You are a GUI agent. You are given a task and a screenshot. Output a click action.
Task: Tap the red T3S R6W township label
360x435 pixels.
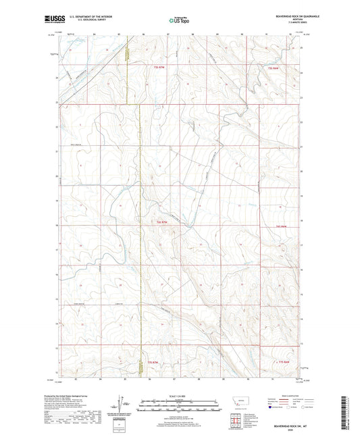pos(274,68)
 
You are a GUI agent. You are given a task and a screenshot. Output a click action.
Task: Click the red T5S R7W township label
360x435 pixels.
pos(153,363)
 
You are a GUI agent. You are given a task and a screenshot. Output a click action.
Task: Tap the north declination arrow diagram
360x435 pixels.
pos(124,404)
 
